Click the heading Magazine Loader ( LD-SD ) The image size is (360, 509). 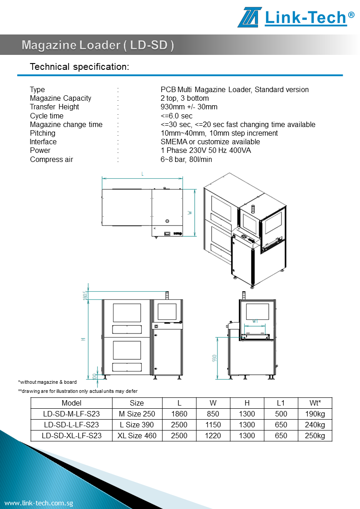pyautogui.click(x=98, y=45)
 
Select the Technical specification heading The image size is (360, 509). pyautogui.click(x=79, y=67)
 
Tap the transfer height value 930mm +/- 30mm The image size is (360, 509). pyautogui.click(x=189, y=107)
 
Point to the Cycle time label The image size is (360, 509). pyautogui.click(x=47, y=116)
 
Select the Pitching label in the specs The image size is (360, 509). pyautogui.click(x=43, y=133)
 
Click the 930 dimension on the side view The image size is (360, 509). pyautogui.click(x=214, y=357)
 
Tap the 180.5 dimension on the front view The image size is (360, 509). pyautogui.click(x=85, y=295)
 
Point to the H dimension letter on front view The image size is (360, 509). pyautogui.click(x=84, y=338)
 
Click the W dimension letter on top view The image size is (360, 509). pyautogui.click(x=190, y=212)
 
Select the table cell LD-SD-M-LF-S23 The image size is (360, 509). pyautogui.click(x=71, y=414)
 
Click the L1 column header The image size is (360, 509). pyautogui.click(x=281, y=403)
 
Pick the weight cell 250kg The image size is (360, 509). pyautogui.click(x=315, y=436)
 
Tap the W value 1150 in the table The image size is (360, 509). pyautogui.click(x=213, y=425)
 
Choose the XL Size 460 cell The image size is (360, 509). pyautogui.click(x=137, y=436)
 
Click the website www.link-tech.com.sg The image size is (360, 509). pyautogui.click(x=39, y=503)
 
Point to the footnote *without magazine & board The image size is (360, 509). pyautogui.click(x=47, y=382)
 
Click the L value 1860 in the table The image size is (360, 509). pyautogui.click(x=179, y=414)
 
